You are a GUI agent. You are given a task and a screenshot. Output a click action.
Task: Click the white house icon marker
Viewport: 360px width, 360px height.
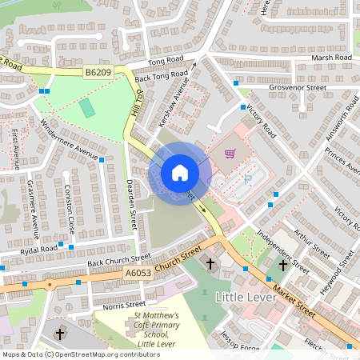pos(179,173)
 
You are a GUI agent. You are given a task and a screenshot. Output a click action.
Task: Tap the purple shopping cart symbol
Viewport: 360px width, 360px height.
pos(230,154)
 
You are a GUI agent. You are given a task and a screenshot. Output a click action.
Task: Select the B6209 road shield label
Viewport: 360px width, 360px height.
pos(98,72)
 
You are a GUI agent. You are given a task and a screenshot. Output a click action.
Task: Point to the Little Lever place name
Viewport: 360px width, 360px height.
pos(246,297)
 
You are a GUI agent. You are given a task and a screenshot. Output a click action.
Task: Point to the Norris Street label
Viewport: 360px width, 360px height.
pos(118,305)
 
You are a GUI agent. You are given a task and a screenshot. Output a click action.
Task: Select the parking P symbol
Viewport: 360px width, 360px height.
pos(247,179)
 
